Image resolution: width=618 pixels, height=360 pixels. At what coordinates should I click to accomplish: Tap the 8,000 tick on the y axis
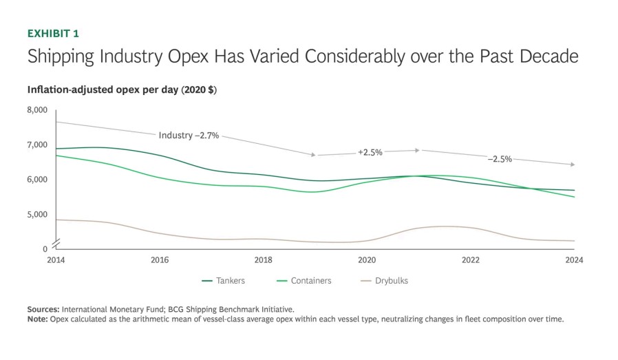click(37, 110)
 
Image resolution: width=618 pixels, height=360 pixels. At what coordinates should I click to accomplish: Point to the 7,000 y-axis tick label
click(37, 145)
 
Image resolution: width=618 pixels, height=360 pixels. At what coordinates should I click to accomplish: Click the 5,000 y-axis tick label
click(37, 215)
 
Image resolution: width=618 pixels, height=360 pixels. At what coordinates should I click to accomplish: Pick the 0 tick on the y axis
click(45, 249)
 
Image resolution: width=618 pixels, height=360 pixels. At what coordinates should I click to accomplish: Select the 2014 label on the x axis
click(56, 260)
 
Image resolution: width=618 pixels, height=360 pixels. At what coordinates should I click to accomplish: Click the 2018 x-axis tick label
click(263, 260)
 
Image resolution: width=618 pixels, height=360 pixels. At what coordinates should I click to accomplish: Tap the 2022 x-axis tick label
click(471, 260)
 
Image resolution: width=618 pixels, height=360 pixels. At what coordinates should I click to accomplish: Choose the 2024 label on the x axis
click(574, 260)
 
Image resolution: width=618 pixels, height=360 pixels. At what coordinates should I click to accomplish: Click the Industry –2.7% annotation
click(189, 136)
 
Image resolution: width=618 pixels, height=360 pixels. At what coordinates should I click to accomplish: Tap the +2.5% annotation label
click(370, 152)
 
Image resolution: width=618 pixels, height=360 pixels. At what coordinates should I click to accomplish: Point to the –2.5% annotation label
click(500, 159)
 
